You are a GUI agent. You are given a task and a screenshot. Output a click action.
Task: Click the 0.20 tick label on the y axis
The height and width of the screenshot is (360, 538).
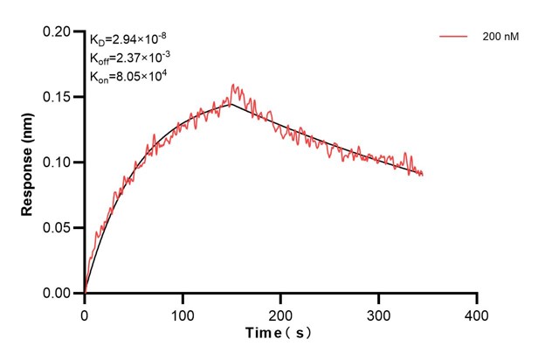tap(59, 31)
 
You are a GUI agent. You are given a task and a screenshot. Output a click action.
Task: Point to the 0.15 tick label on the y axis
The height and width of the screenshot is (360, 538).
tap(59, 97)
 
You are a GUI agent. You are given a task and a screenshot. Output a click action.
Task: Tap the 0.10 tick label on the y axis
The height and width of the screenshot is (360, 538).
tap(59, 163)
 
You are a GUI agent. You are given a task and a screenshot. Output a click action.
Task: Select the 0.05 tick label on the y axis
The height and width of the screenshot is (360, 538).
tap(59, 228)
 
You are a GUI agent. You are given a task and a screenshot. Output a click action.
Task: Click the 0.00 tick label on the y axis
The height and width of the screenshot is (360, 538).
tap(59, 294)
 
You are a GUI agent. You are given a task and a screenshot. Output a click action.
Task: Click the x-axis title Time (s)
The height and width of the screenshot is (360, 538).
tap(279, 334)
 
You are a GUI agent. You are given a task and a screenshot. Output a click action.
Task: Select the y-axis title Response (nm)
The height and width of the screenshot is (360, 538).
tap(27, 162)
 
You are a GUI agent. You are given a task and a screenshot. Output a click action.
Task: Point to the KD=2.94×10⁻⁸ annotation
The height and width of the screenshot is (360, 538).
tap(128, 39)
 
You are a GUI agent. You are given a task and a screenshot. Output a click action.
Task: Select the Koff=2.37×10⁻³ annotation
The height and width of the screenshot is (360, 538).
tap(128, 59)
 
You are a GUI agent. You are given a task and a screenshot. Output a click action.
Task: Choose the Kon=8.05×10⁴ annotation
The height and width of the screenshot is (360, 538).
tap(128, 77)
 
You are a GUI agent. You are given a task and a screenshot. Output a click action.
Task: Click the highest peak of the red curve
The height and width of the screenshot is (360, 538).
tap(232, 85)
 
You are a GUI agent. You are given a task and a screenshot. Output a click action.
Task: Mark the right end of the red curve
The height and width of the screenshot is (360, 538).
tap(424, 175)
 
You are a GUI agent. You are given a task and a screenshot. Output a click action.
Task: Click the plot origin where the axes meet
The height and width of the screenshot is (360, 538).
tap(85, 294)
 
